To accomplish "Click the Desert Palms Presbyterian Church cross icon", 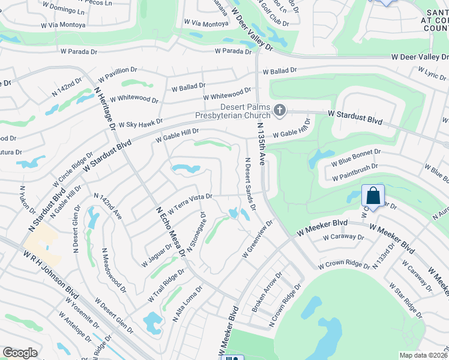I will point(279,110).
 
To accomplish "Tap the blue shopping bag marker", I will point(373,196).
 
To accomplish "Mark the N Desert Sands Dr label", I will point(250,183).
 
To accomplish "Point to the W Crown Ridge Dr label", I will point(344,264).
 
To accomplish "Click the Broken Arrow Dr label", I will point(267,293).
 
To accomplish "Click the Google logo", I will point(20,353).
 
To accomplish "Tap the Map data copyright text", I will point(423,355).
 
